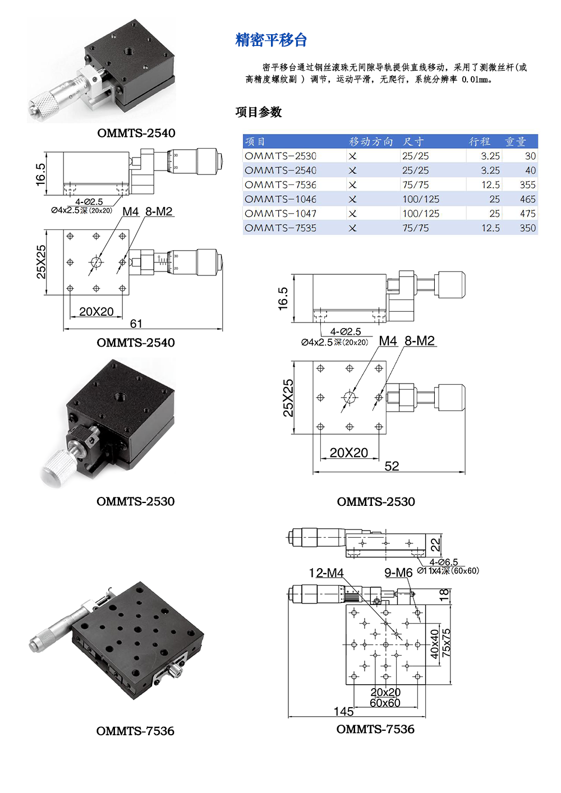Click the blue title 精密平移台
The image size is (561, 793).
(271, 40)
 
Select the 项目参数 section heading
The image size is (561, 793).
(259, 112)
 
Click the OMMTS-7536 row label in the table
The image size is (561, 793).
(280, 185)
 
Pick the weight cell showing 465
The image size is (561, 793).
(527, 199)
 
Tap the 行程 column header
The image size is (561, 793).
(480, 141)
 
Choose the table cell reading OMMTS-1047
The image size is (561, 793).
(280, 214)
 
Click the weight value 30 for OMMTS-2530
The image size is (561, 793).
(530, 156)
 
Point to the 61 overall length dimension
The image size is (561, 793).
(136, 324)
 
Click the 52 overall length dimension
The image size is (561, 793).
(392, 466)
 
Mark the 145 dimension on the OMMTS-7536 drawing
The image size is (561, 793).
(343, 711)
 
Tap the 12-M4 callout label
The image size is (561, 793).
(326, 573)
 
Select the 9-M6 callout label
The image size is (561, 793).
(398, 573)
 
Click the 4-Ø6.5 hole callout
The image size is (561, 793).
(444, 562)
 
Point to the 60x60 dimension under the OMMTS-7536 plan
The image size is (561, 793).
(385, 703)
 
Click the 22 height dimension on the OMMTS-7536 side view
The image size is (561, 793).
(436, 545)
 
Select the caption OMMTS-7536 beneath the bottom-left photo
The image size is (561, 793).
(135, 731)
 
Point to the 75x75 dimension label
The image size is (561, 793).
(446, 643)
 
